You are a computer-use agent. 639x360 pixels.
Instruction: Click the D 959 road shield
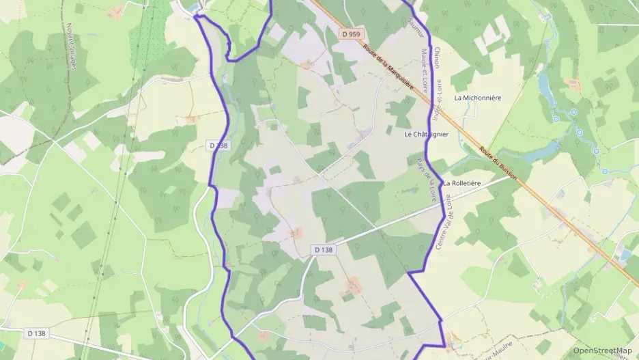pos(352,33)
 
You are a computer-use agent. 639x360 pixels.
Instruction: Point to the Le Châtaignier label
pos(427,135)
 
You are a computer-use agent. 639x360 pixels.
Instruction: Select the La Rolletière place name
pos(462,183)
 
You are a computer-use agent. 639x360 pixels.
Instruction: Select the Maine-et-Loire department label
pos(426,70)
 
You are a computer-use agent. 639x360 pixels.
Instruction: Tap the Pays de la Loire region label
pos(426,179)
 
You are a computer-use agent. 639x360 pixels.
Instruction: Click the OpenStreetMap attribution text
pos(602,350)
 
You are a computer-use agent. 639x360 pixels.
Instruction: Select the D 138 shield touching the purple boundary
pos(219,145)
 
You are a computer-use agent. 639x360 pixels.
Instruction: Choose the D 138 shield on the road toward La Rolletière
pos(324,250)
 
